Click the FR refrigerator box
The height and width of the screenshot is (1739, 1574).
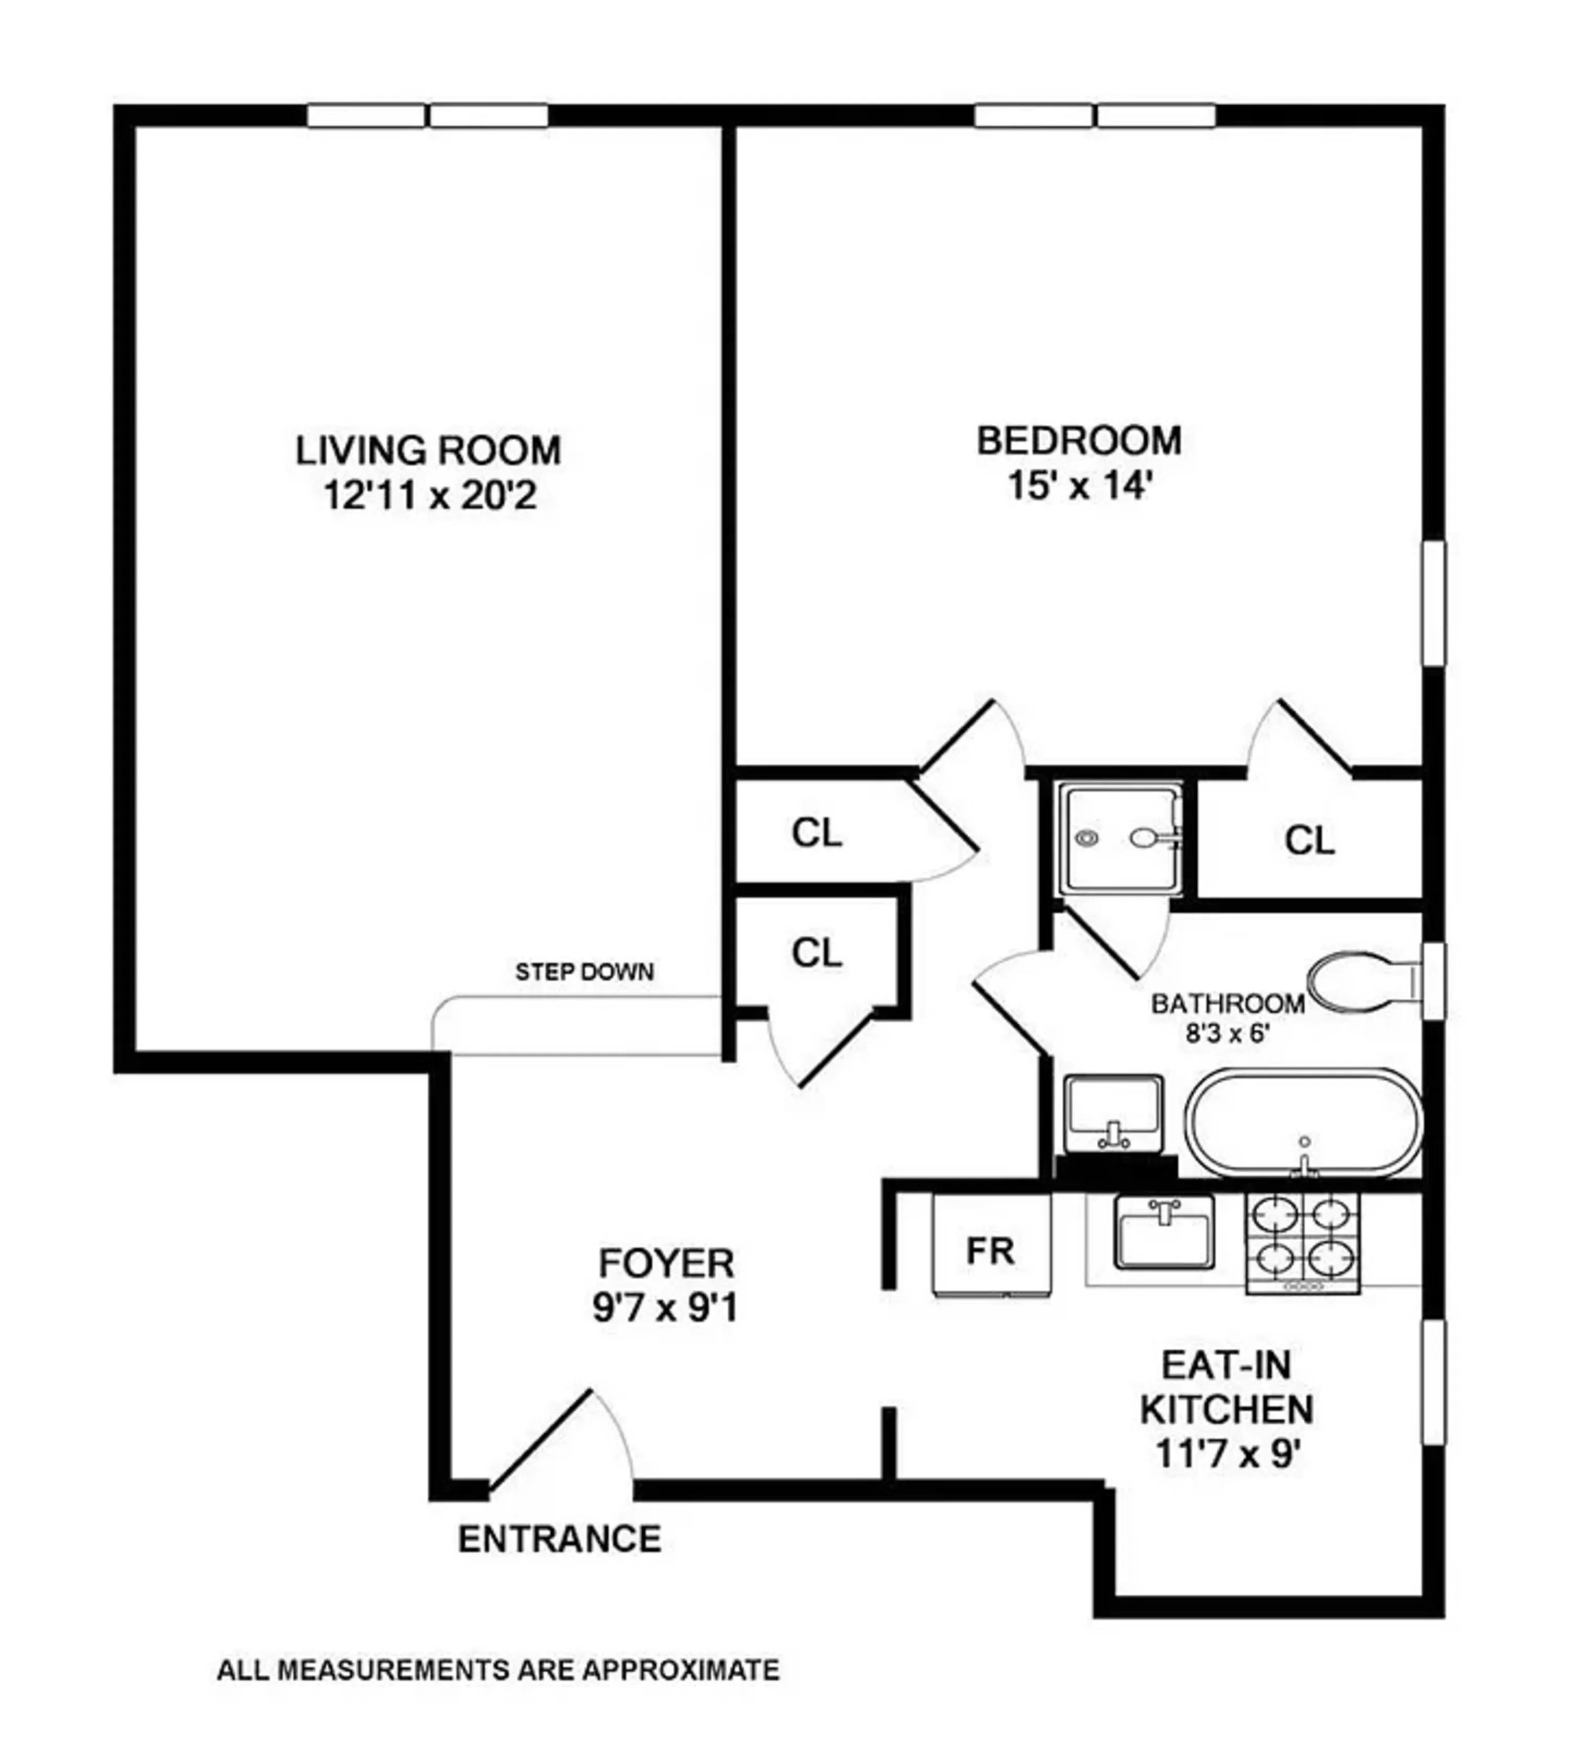(x=991, y=1250)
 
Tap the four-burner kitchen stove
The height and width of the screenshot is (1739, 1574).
(x=1302, y=1242)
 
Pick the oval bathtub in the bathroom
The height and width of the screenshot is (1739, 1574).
(x=1302, y=1124)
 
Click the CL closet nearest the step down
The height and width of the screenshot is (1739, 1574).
(x=816, y=953)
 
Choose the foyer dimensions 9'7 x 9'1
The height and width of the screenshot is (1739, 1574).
(x=665, y=1310)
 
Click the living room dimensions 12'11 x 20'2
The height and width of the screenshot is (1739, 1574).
(x=429, y=496)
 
